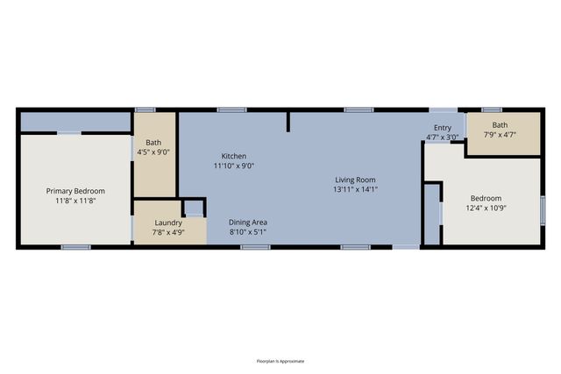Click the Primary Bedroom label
tap(75, 191)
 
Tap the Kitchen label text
tap(234, 156)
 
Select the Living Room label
tap(355, 180)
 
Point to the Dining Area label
tap(248, 222)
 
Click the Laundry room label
tap(168, 222)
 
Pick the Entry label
tap(443, 128)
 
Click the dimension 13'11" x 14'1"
tap(355, 189)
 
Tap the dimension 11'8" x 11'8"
tap(75, 201)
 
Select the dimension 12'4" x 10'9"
tap(486, 208)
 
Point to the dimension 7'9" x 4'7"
tap(500, 135)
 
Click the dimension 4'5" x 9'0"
tap(153, 152)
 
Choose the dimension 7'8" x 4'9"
tap(168, 232)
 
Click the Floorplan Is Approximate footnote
tap(280, 361)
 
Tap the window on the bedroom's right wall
tap(543, 210)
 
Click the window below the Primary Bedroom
tap(76, 247)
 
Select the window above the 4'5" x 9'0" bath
tap(145, 109)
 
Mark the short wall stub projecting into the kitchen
tap(288, 122)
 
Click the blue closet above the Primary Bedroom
tap(75, 122)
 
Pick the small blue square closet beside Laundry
tap(195, 208)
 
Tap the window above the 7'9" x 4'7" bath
tap(492, 109)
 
